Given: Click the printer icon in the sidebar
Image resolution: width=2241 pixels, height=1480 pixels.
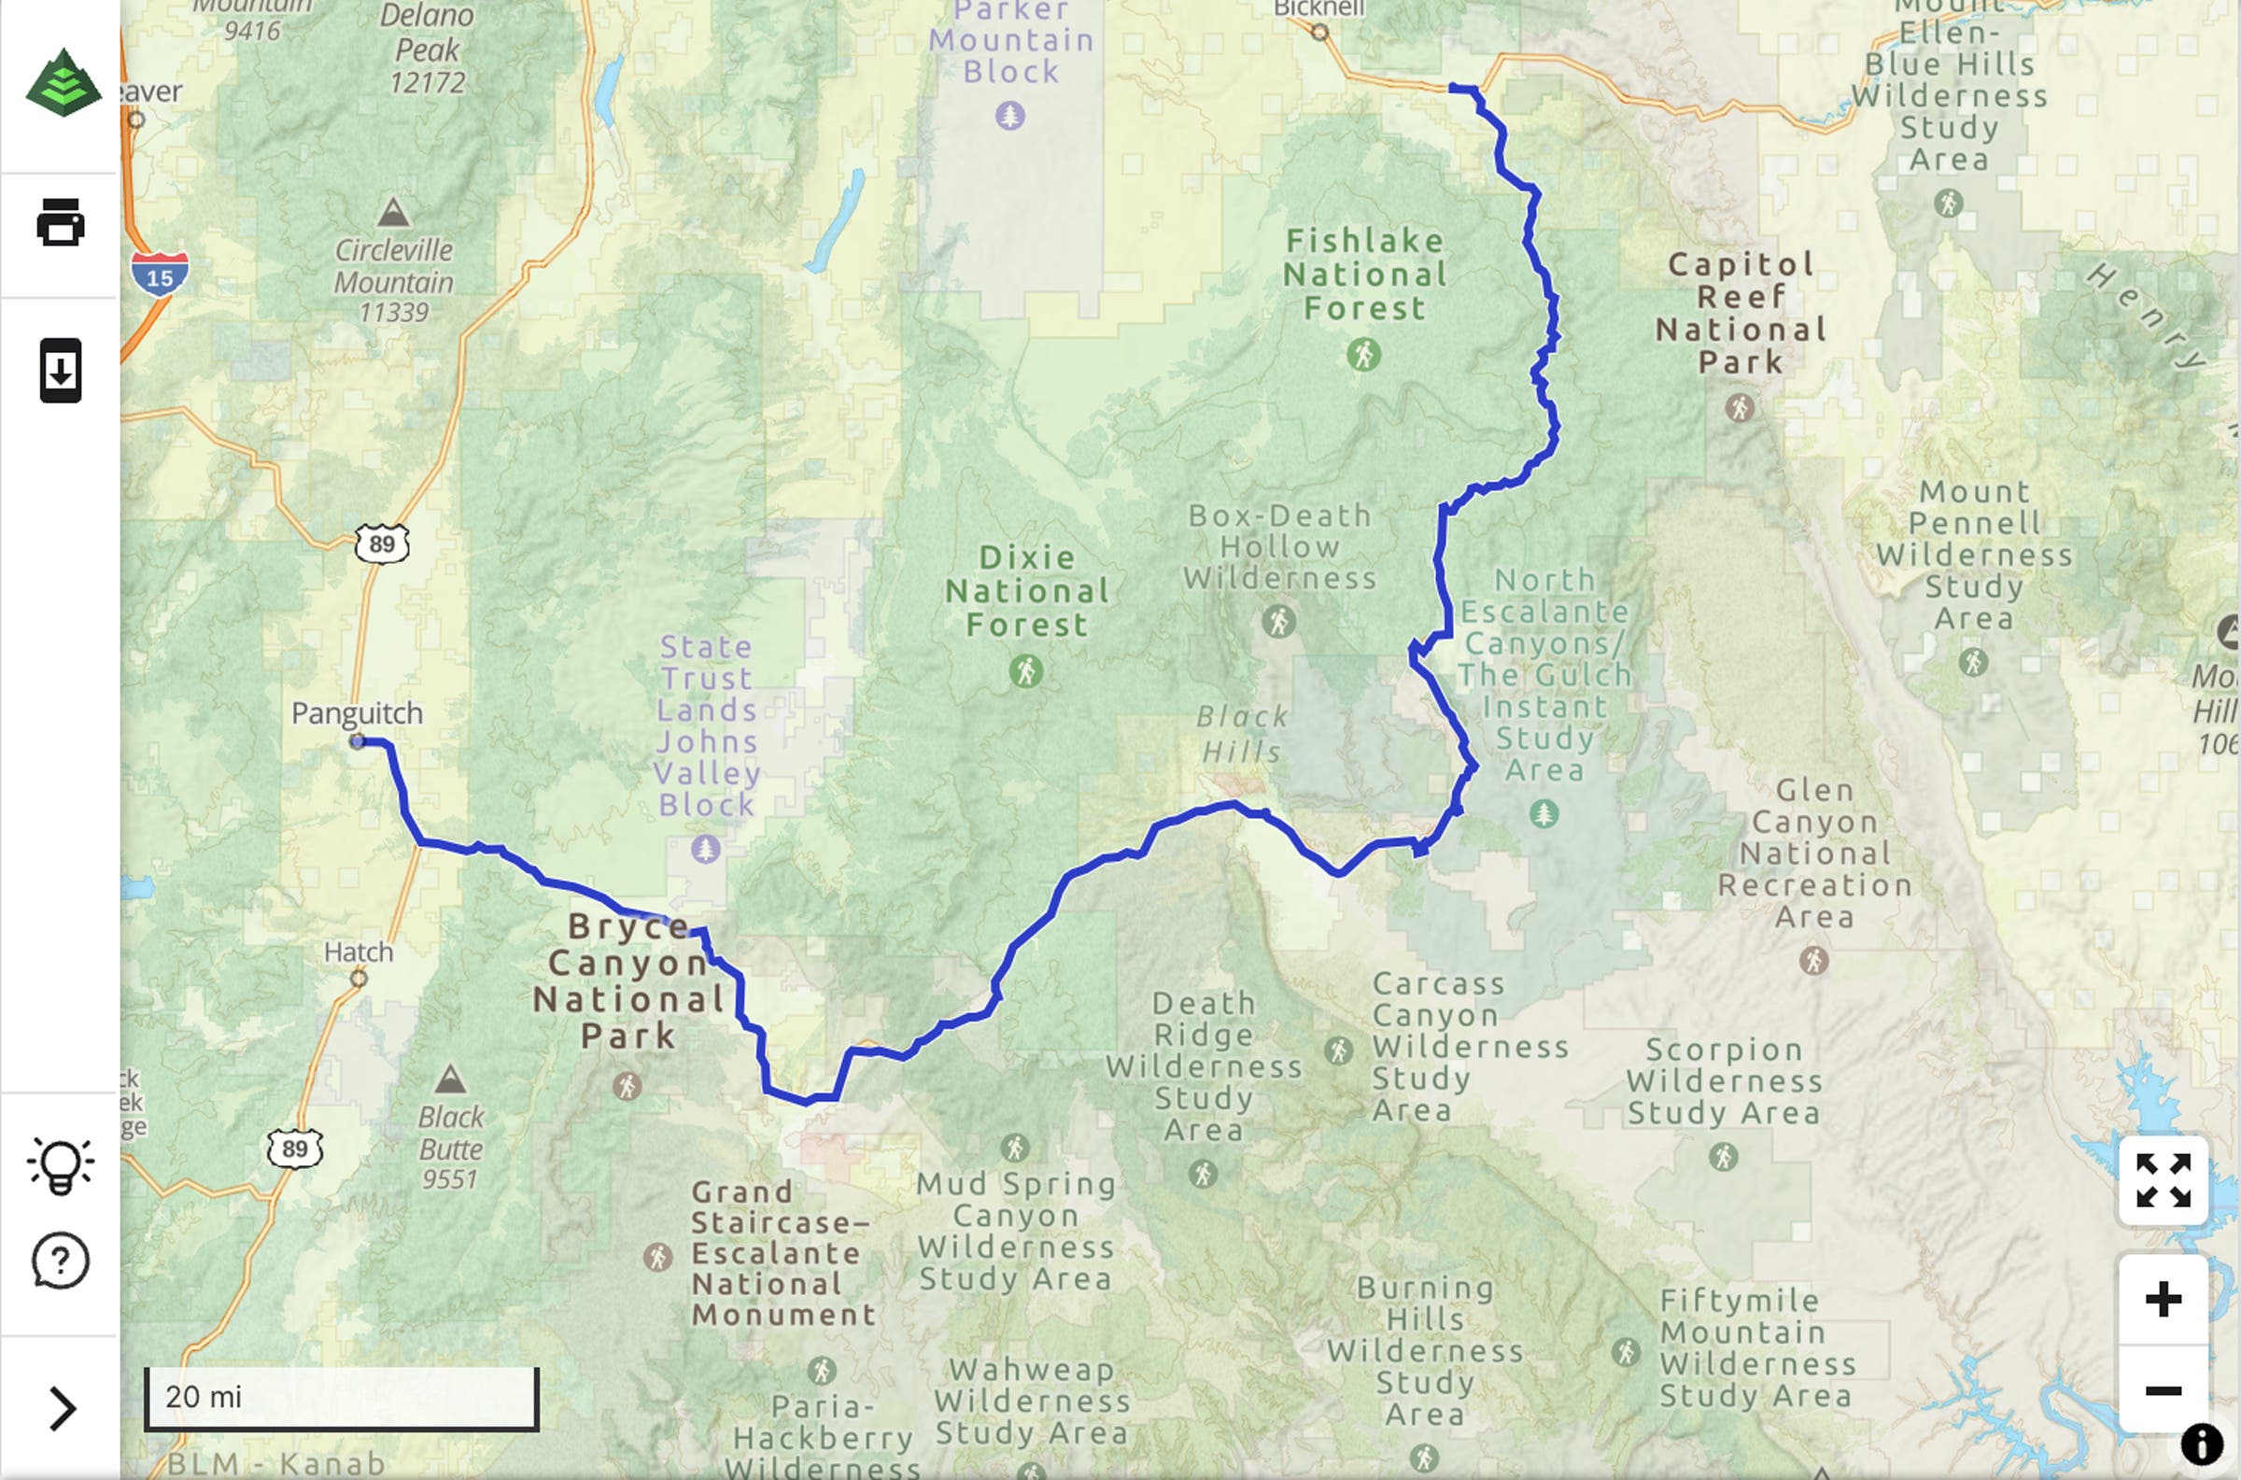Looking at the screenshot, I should [x=61, y=223].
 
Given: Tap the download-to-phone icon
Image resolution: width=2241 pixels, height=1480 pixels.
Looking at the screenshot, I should [x=61, y=370].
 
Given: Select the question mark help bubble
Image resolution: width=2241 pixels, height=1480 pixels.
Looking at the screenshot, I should [x=61, y=1260].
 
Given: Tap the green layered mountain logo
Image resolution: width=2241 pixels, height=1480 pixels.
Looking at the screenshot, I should [x=63, y=83].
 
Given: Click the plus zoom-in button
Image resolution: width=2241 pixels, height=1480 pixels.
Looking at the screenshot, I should [x=2163, y=1299].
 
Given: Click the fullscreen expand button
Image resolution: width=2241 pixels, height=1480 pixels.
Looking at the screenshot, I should [x=2163, y=1181].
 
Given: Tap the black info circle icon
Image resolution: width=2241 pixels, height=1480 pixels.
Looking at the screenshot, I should [x=2202, y=1445].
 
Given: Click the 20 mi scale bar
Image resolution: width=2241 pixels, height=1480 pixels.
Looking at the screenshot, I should [x=341, y=1398].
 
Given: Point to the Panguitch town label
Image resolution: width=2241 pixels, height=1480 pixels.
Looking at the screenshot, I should [x=357, y=713].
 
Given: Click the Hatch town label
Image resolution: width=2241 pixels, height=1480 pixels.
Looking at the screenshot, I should [x=358, y=952].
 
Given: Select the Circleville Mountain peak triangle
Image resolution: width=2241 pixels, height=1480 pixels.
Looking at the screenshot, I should [x=393, y=213].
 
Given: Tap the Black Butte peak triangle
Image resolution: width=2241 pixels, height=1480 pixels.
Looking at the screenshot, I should [x=450, y=1078].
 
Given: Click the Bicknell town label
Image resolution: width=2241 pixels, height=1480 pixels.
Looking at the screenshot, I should [x=1318, y=9].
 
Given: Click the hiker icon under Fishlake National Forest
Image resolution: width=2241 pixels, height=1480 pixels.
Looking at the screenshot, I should [x=1362, y=355].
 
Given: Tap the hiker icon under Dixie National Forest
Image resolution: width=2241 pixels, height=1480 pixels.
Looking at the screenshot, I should [x=1025, y=671].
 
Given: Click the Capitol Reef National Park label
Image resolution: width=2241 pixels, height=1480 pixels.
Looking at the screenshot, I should [x=1741, y=313].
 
